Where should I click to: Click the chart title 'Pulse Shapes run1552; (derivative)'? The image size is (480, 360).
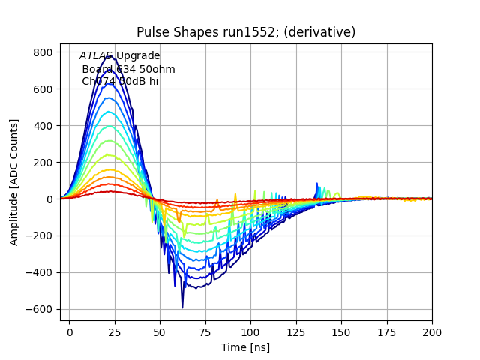point(246,32)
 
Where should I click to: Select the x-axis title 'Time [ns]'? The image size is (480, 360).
point(245,347)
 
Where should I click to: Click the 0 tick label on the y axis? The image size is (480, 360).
point(50,199)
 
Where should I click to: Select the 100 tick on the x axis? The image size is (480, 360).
point(250,331)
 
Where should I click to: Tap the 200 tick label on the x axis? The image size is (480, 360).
point(432,331)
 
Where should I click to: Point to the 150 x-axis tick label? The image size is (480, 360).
point(341,331)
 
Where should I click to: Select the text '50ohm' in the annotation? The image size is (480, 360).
point(158,69)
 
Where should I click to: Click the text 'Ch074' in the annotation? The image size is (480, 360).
point(96,81)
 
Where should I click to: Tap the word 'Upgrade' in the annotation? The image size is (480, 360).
point(137,56)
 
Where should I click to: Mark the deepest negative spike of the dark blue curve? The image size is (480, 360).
point(182,307)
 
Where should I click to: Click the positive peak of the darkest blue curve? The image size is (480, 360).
point(112,56)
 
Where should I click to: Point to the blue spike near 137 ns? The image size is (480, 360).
point(317,184)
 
